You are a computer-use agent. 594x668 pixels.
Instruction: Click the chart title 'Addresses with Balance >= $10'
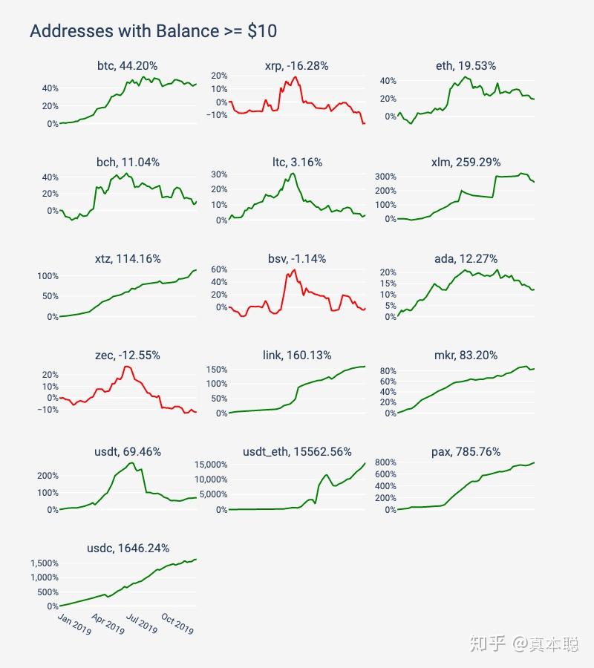pyautogui.click(x=154, y=31)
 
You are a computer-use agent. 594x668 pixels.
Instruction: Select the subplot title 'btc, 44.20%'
pyautogui.click(x=128, y=65)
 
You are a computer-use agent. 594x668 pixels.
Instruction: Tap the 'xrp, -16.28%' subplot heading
pyautogui.click(x=296, y=65)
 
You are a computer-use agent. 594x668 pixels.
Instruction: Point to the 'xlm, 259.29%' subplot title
pyautogui.click(x=466, y=163)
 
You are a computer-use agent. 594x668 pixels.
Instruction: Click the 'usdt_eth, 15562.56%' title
pyautogui.click(x=297, y=451)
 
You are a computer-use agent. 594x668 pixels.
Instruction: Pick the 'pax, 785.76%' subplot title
pyautogui.click(x=466, y=451)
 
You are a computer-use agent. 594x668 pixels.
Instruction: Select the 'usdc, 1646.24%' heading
pyautogui.click(x=128, y=548)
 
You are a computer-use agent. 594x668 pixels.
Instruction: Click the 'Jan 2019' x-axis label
pyautogui.click(x=74, y=623)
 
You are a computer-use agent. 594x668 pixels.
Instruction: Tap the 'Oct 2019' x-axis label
pyautogui.click(x=177, y=623)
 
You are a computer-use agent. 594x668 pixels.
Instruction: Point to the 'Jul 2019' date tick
pyautogui.click(x=142, y=623)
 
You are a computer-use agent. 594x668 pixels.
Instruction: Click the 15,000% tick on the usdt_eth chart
pyautogui.click(x=211, y=465)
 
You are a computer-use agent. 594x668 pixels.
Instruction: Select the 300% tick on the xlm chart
pyautogui.click(x=385, y=177)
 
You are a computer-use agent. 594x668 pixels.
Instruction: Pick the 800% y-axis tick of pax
pyautogui.click(x=385, y=462)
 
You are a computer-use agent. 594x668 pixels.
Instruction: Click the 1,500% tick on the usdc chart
pyautogui.click(x=45, y=563)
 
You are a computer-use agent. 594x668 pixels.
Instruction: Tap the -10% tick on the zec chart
pyautogui.click(x=48, y=410)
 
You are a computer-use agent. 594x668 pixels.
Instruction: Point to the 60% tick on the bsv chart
pyautogui.click(x=219, y=269)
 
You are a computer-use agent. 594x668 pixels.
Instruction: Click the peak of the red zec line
pyautogui.click(x=128, y=367)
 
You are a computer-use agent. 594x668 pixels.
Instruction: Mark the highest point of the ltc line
pyautogui.click(x=293, y=174)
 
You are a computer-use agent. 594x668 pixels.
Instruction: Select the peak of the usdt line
pyautogui.click(x=131, y=463)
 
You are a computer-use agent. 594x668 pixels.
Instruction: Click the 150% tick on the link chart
pyautogui.click(x=217, y=370)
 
